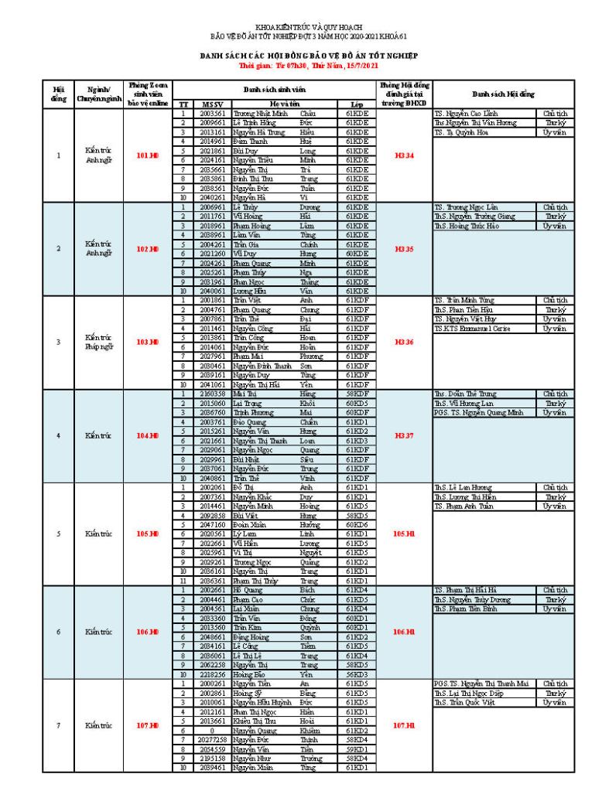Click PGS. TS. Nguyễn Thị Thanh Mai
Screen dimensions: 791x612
point(480,684)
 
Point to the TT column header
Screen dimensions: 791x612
point(183,104)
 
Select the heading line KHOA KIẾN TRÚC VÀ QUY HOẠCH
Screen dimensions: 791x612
point(305,28)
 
